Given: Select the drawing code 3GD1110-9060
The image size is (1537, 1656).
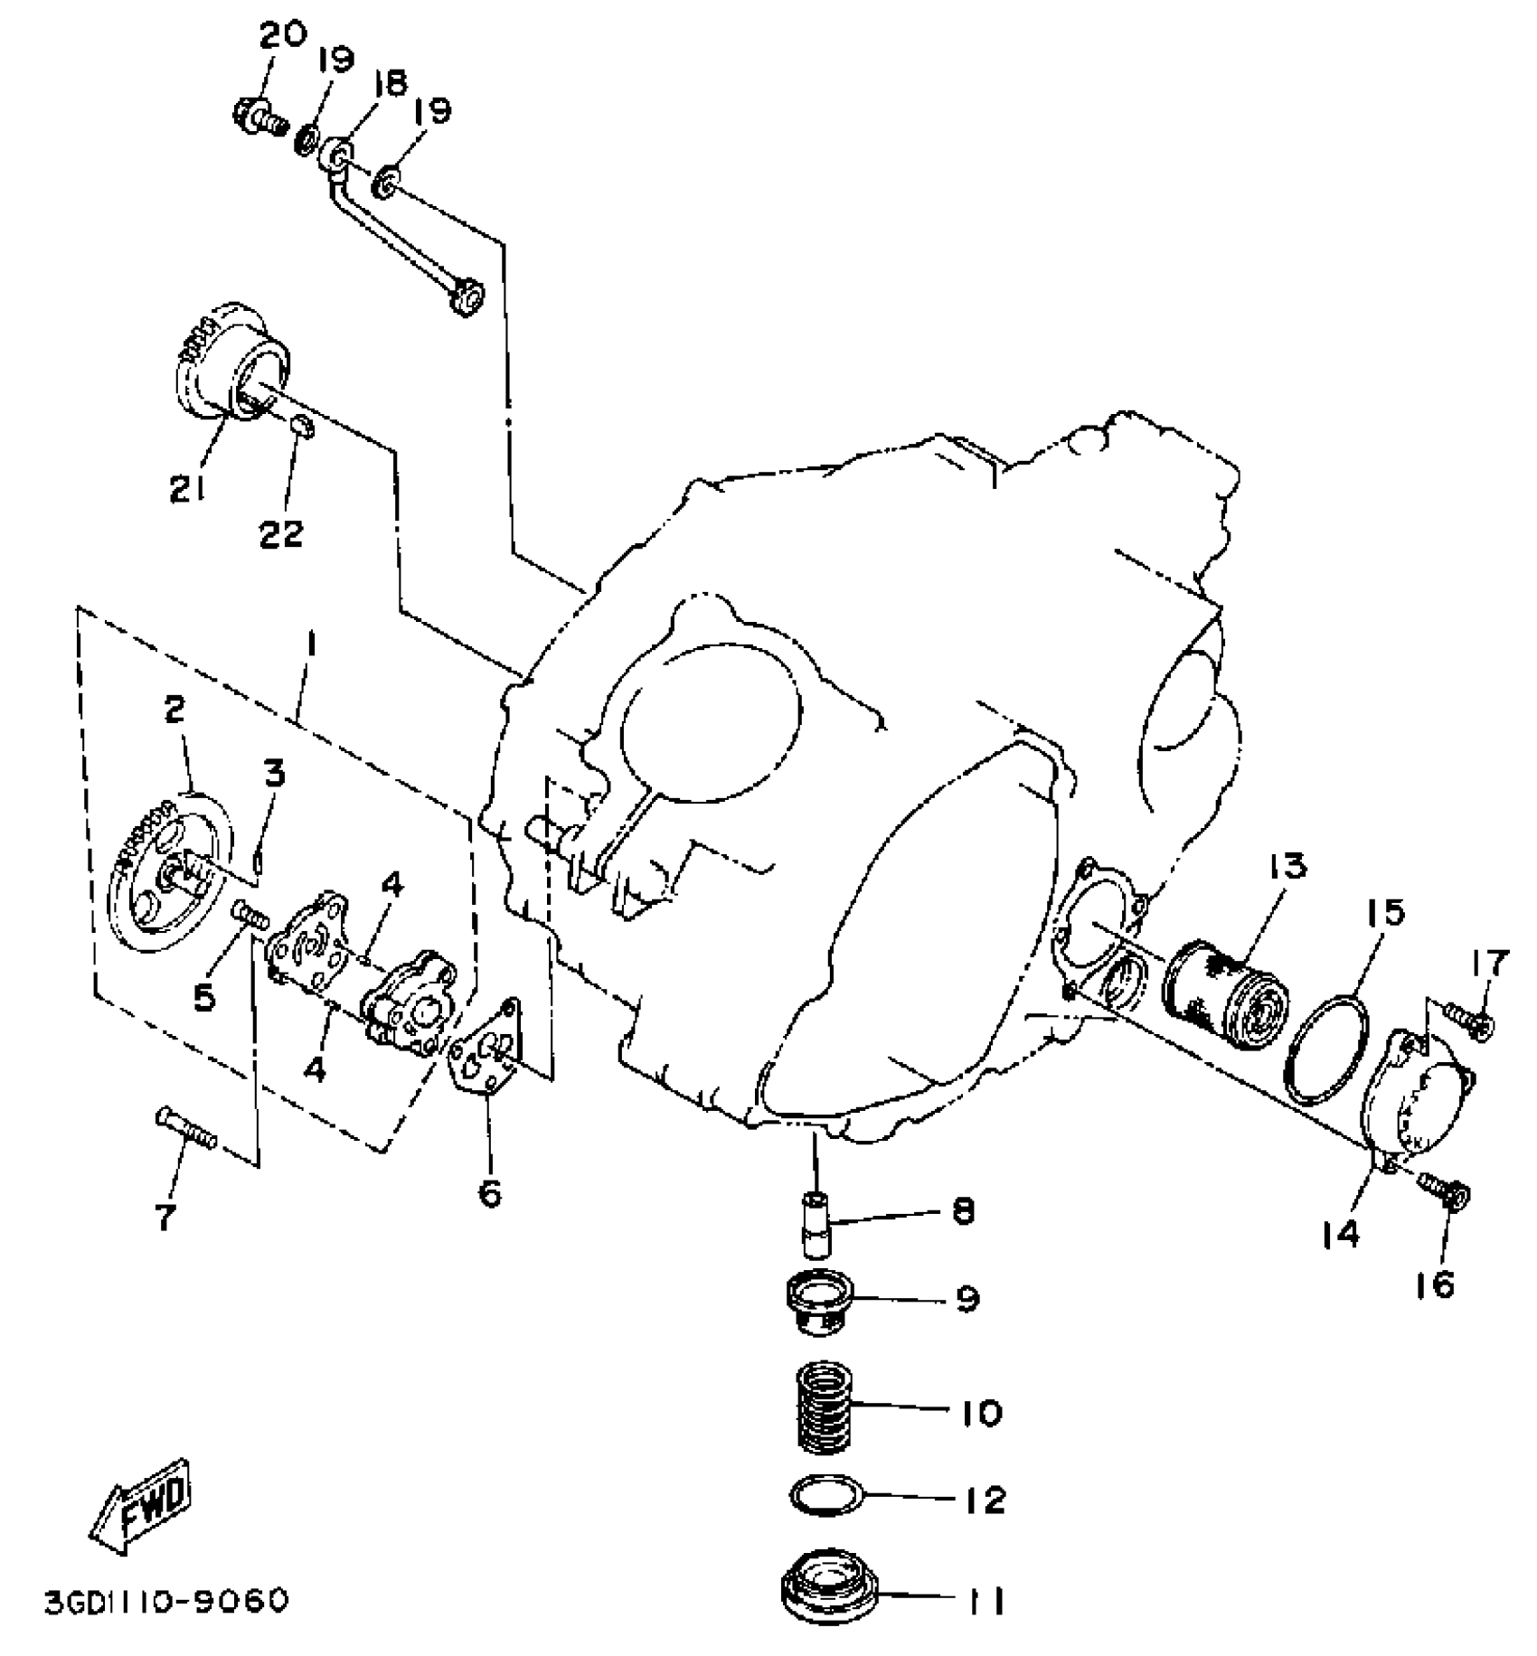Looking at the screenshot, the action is [166, 1601].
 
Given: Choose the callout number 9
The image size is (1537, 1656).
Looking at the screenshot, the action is [967, 1299].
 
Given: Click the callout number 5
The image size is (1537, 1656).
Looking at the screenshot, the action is [205, 997].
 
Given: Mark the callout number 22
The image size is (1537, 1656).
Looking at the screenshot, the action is [281, 532].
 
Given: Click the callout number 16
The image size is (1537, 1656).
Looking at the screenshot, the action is [1436, 1283].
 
